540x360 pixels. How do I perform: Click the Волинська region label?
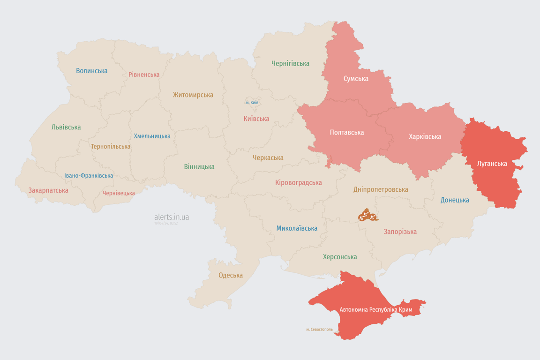tap(92, 71)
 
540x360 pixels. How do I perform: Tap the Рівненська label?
tap(144, 75)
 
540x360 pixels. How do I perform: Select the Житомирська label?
tap(193, 95)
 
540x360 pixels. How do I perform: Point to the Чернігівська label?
tap(290, 63)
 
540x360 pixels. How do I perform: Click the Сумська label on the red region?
tap(356, 79)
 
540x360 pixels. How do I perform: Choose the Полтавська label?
tap(347, 133)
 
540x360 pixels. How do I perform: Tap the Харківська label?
tap(425, 137)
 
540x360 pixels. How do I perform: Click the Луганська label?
tap(492, 164)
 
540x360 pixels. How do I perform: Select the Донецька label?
tap(455, 200)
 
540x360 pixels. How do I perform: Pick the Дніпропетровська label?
tap(381, 190)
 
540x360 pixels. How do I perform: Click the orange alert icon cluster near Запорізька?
tap(367, 216)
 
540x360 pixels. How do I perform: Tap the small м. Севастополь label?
tap(319, 330)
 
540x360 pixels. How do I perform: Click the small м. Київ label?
tap(252, 103)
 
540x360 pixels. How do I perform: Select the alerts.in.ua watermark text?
tap(172, 217)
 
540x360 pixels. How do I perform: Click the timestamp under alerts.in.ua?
tap(166, 224)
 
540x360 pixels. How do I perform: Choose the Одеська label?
tap(231, 275)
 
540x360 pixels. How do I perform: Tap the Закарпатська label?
tap(48, 190)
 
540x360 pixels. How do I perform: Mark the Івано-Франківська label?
tap(89, 176)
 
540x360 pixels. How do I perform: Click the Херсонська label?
tap(340, 257)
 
